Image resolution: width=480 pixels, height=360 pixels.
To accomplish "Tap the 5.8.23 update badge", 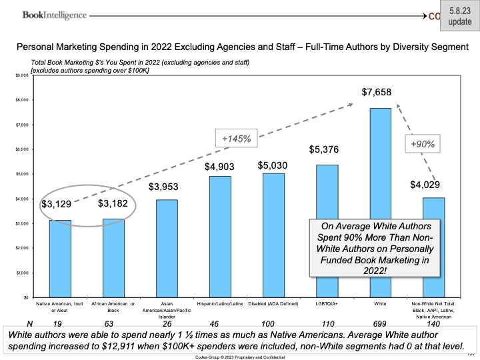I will click(459, 16).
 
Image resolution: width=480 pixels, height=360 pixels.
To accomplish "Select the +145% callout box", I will click(237, 139).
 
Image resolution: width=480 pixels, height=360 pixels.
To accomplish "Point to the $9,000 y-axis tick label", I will click(21, 75).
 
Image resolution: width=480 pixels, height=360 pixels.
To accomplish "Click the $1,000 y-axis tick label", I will click(21, 273).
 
